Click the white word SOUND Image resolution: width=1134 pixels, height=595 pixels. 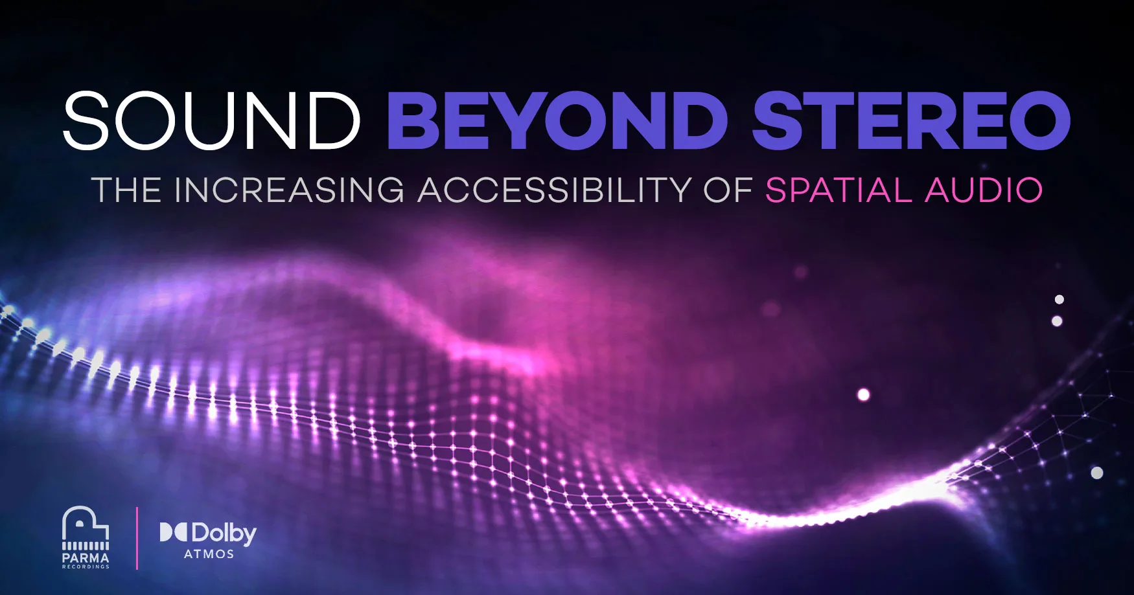pos(211,120)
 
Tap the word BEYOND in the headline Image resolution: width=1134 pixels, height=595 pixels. pos(558,120)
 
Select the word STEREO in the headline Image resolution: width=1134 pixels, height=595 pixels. pos(910,120)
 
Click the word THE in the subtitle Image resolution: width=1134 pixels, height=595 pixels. pos(126,190)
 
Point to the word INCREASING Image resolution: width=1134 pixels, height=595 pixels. pos(289,190)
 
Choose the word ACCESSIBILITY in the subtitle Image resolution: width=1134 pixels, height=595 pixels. pos(555,190)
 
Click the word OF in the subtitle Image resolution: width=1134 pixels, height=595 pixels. pos(728,190)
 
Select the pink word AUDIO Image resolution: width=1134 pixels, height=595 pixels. pos(984,190)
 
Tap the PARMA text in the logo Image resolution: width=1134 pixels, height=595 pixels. pos(86,557)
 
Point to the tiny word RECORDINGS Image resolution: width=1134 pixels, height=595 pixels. pos(86,567)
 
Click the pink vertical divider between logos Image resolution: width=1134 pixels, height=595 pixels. pos(137,538)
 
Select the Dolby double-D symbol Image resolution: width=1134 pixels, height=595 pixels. pos(174,532)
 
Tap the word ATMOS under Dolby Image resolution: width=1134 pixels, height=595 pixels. pos(209,554)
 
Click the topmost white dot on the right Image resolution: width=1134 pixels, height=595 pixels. pos(1059,299)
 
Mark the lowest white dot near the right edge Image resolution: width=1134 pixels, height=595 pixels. pos(1097,473)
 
